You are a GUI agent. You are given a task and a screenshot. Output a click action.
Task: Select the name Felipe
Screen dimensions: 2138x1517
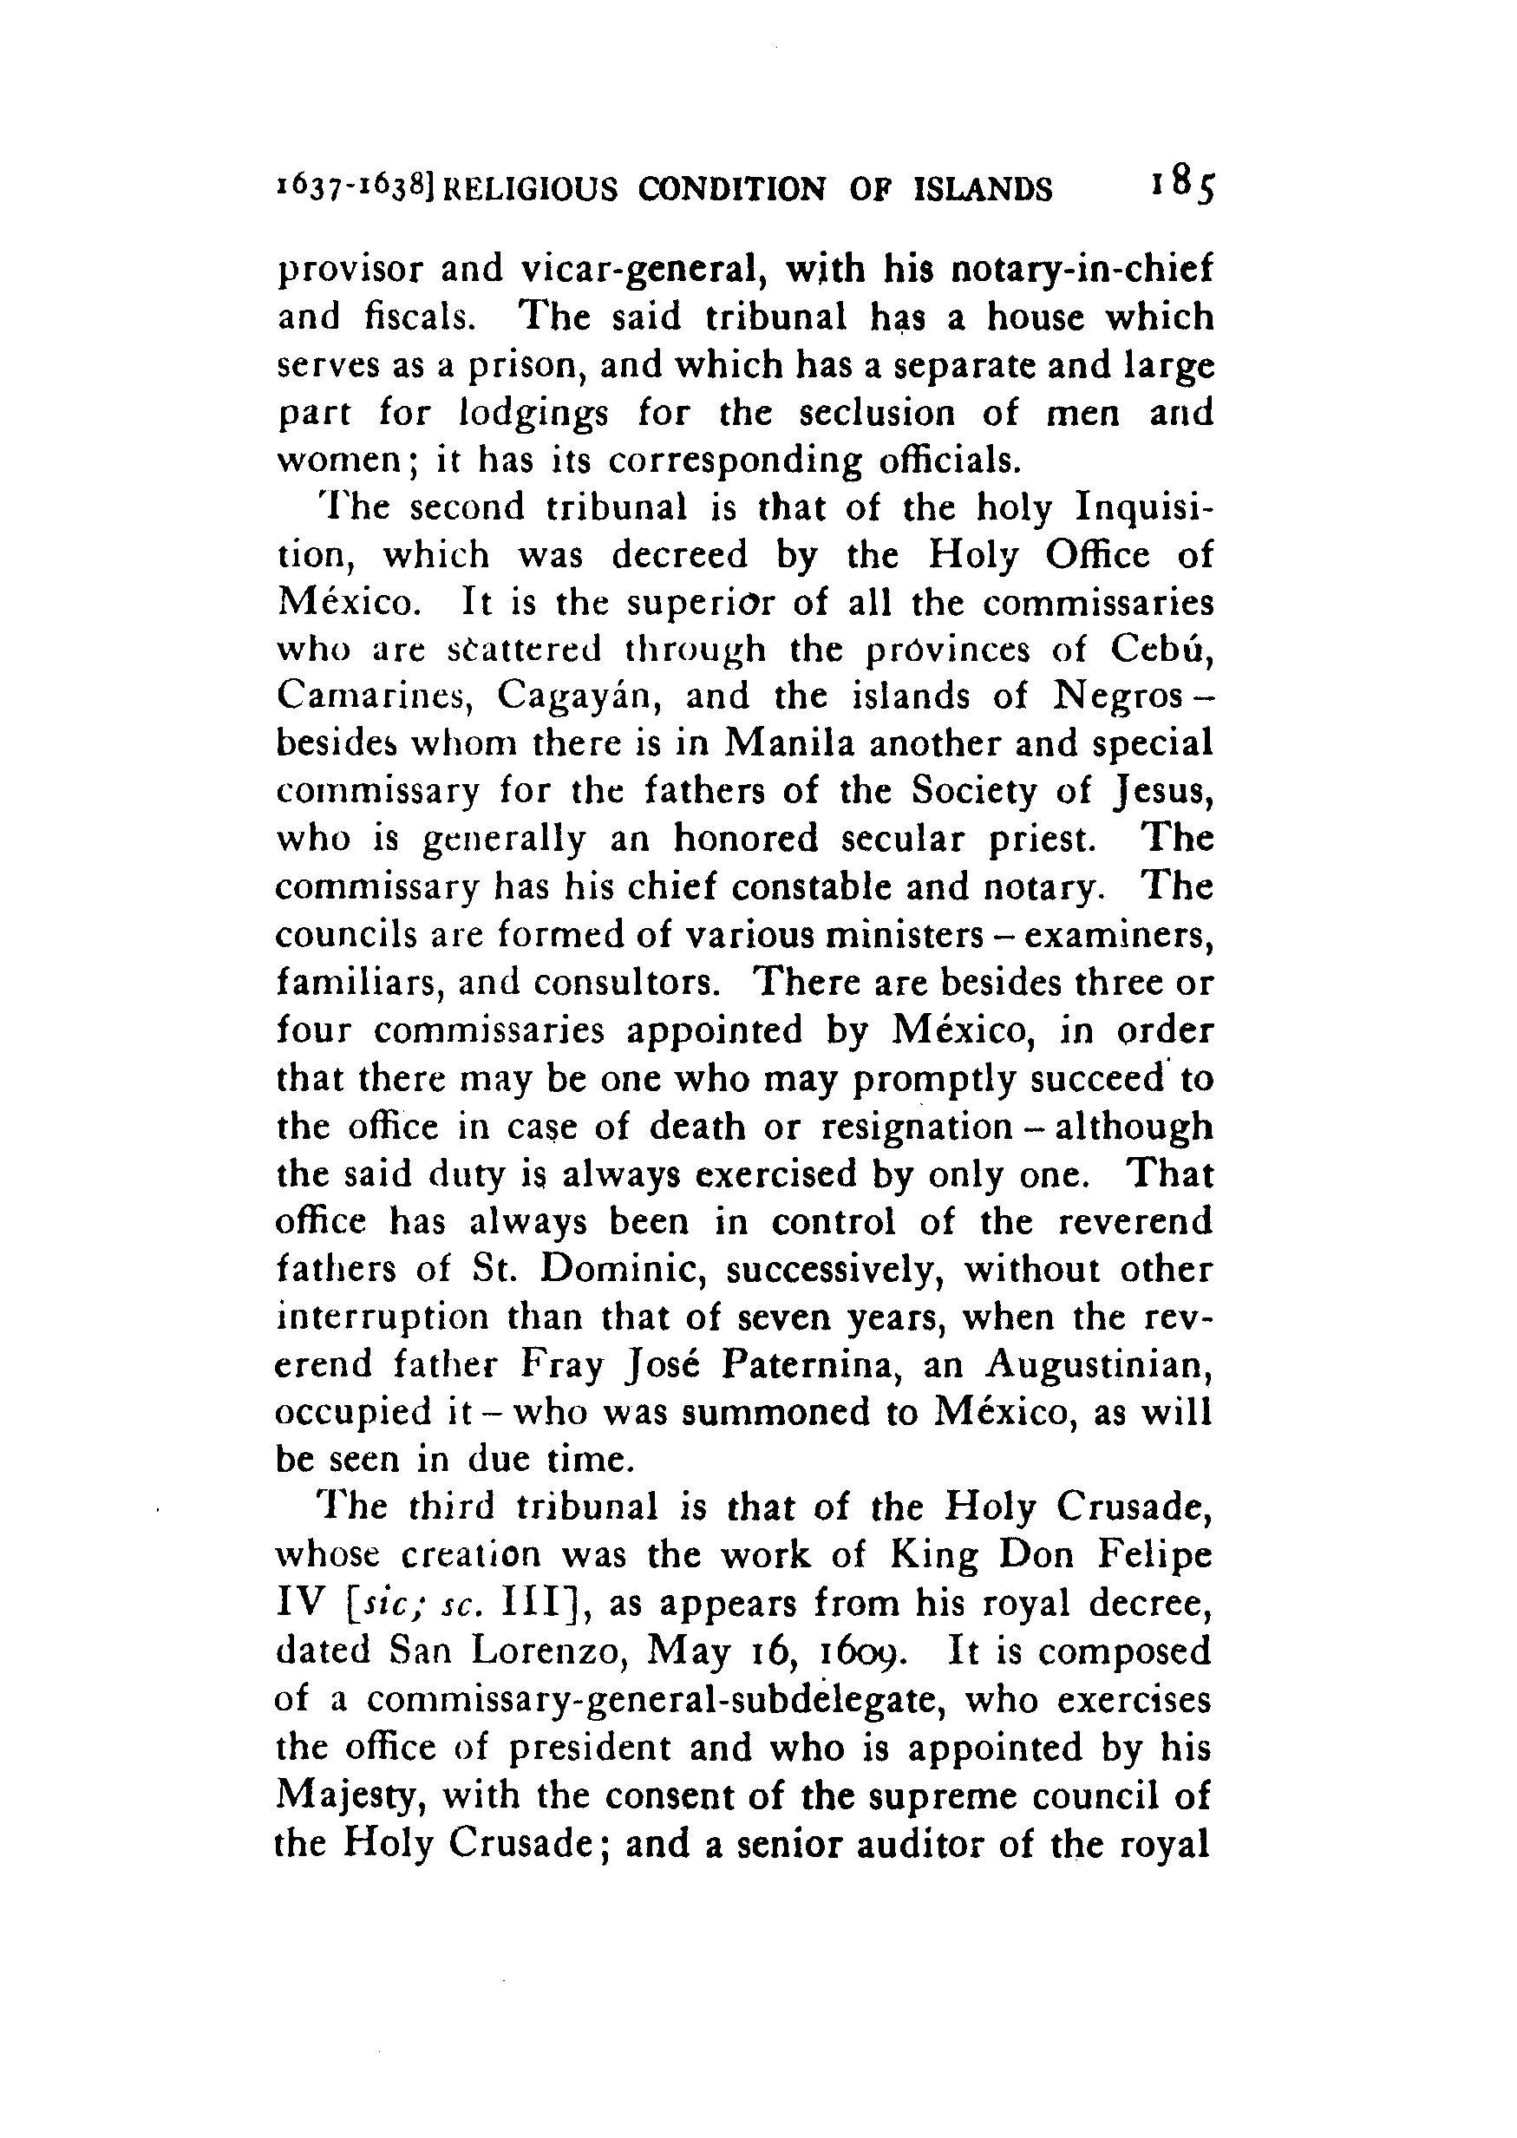tap(1154, 1556)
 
